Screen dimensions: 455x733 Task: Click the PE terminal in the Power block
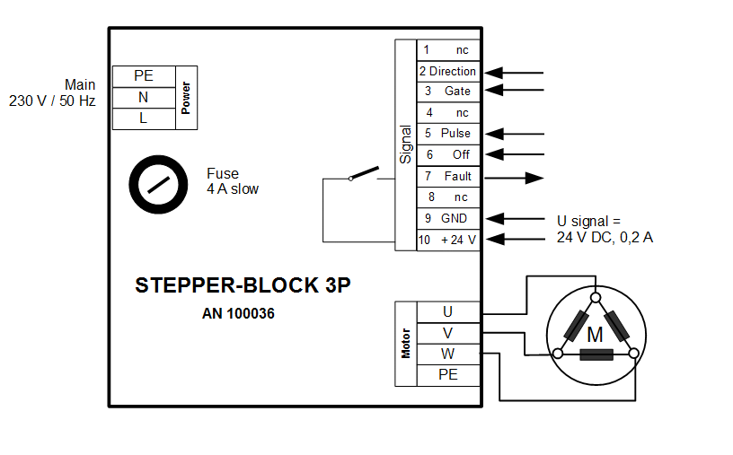click(143, 76)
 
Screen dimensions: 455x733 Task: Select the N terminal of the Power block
click(143, 97)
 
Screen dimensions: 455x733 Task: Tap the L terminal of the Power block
click(143, 118)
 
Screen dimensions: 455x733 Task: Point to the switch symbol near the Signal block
click(365, 174)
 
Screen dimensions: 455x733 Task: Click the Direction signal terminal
click(448, 71)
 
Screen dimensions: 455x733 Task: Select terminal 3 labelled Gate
click(448, 92)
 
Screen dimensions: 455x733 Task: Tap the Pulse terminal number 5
click(448, 133)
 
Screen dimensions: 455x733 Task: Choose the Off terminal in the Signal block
click(448, 154)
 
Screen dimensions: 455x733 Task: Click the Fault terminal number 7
click(448, 176)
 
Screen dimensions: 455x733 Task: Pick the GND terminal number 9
click(448, 218)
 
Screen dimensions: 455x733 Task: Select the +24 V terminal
click(448, 240)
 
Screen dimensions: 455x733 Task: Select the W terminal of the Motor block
click(448, 354)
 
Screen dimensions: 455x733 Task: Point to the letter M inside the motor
click(595, 335)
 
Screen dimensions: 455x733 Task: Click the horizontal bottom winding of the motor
click(596, 354)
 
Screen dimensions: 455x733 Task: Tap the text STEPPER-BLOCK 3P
click(243, 285)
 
